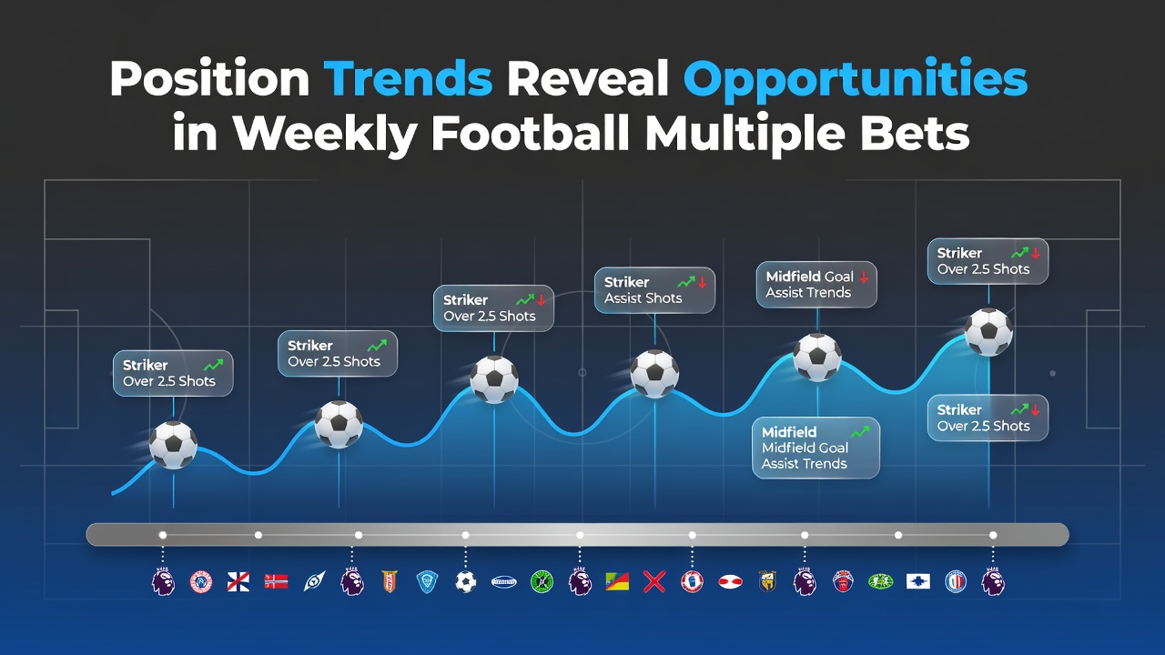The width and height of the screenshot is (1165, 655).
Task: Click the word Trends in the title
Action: [408, 78]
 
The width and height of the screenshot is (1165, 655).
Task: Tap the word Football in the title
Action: [531, 134]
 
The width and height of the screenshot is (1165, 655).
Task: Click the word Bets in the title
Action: [915, 134]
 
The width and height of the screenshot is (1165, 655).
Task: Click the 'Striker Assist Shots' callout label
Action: [654, 290]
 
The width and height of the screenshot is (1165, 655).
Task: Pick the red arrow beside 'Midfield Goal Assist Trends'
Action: [864, 277]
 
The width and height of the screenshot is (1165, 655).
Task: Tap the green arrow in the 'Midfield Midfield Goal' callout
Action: [860, 432]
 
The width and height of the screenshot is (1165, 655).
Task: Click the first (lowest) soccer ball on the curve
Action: [173, 445]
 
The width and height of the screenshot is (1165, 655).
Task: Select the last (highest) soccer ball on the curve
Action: [988, 332]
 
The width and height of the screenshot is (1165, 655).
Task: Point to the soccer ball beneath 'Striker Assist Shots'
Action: [654, 374]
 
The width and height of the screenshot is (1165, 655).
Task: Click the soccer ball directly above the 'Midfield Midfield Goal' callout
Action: [817, 358]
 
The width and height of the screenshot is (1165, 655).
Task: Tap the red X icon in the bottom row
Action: [654, 581]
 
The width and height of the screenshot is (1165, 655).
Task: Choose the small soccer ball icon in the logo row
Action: [465, 581]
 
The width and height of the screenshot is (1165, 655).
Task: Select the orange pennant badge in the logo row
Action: [390, 581]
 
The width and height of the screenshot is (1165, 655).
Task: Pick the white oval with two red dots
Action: [730, 581]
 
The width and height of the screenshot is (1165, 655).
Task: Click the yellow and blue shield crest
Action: [767, 581]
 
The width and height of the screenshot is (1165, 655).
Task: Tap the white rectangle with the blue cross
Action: [918, 581]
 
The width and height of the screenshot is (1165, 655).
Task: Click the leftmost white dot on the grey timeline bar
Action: [163, 535]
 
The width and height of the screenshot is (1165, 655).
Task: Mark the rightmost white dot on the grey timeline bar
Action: [993, 535]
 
